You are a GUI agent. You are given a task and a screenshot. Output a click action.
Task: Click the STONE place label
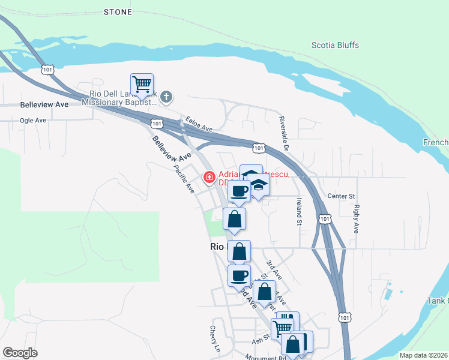pyautogui.click(x=118, y=11)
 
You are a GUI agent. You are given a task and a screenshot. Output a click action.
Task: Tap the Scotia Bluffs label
pyautogui.click(x=335, y=45)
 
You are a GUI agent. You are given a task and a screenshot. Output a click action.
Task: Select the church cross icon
pyautogui.click(x=167, y=96)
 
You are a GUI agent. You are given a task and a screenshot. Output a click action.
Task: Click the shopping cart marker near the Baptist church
pyautogui.click(x=142, y=85)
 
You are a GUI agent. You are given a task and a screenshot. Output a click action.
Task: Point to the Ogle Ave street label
pyautogui.click(x=33, y=120)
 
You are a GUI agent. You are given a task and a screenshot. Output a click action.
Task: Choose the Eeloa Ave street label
pyautogui.click(x=199, y=124)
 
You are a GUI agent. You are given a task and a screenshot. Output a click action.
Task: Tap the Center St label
pyautogui.click(x=342, y=196)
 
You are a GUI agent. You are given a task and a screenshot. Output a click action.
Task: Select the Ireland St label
pyautogui.click(x=298, y=211)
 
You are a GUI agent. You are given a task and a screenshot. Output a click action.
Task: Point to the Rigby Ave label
pyautogui.click(x=357, y=219)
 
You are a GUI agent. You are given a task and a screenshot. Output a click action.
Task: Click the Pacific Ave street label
pyautogui.click(x=184, y=179)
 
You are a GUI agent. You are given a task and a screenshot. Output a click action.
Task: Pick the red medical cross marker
pyautogui.click(x=209, y=177)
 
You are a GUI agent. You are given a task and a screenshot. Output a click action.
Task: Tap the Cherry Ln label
pyautogui.click(x=214, y=339)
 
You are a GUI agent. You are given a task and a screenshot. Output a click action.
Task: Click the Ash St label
pyautogui.click(x=262, y=339)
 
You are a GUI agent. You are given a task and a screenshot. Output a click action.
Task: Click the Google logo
pyautogui.click(x=20, y=353)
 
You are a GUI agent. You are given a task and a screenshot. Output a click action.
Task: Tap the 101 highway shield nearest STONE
pyautogui.click(x=48, y=70)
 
